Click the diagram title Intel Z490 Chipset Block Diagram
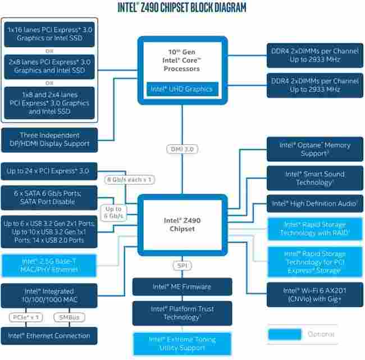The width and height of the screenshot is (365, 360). click(x=182, y=7)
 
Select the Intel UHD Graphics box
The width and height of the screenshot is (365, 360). click(x=181, y=89)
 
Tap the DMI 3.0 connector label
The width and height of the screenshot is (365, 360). click(x=182, y=149)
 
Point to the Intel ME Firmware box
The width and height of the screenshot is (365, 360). click(x=182, y=286)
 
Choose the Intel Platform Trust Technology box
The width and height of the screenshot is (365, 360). click(x=182, y=313)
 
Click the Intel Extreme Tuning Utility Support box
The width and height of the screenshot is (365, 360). click(x=182, y=344)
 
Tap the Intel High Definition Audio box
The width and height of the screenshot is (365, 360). click(x=314, y=203)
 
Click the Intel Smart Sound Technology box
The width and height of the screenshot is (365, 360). click(x=314, y=178)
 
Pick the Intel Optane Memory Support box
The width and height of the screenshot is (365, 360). click(x=314, y=149)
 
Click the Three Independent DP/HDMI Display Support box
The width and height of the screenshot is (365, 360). click(x=49, y=139)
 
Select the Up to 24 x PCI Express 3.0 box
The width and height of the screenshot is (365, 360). click(x=49, y=171)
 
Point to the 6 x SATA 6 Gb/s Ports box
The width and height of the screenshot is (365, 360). click(x=49, y=197)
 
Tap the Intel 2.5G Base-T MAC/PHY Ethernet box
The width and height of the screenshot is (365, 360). click(x=49, y=265)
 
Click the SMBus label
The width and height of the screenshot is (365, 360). click(x=71, y=317)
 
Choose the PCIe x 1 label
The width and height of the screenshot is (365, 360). click(x=26, y=317)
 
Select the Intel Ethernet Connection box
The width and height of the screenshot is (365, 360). click(x=49, y=336)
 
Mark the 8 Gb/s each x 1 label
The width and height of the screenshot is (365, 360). click(x=130, y=179)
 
